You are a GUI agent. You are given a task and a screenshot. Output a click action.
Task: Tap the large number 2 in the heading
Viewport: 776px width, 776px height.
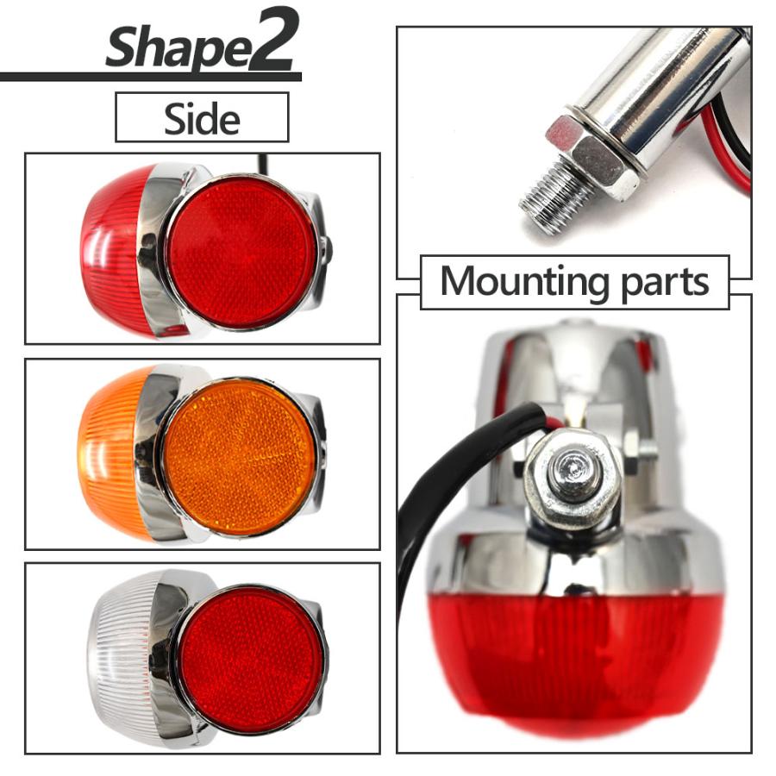pyautogui.click(x=272, y=40)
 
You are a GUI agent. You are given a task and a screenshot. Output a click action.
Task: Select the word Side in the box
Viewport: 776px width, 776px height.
pyautogui.click(x=202, y=119)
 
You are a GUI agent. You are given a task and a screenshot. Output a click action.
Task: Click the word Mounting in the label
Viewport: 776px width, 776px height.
pyautogui.click(x=523, y=282)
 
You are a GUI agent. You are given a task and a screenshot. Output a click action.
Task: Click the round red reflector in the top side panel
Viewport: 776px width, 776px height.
pyautogui.click(x=242, y=253)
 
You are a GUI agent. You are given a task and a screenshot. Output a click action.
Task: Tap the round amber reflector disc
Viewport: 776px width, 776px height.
pyautogui.click(x=239, y=457)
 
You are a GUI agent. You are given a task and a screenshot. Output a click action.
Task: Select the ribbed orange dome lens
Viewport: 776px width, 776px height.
pyautogui.click(x=113, y=453)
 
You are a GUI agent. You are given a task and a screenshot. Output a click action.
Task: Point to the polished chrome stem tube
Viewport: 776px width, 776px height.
pyautogui.click(x=663, y=89)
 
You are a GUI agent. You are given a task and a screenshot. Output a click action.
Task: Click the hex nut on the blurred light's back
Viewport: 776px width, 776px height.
pyautogui.click(x=573, y=477)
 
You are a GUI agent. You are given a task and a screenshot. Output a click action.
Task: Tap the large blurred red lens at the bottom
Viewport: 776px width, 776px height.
pyautogui.click(x=574, y=663)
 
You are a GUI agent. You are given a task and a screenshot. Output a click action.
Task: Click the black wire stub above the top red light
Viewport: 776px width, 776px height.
pyautogui.click(x=263, y=163)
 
